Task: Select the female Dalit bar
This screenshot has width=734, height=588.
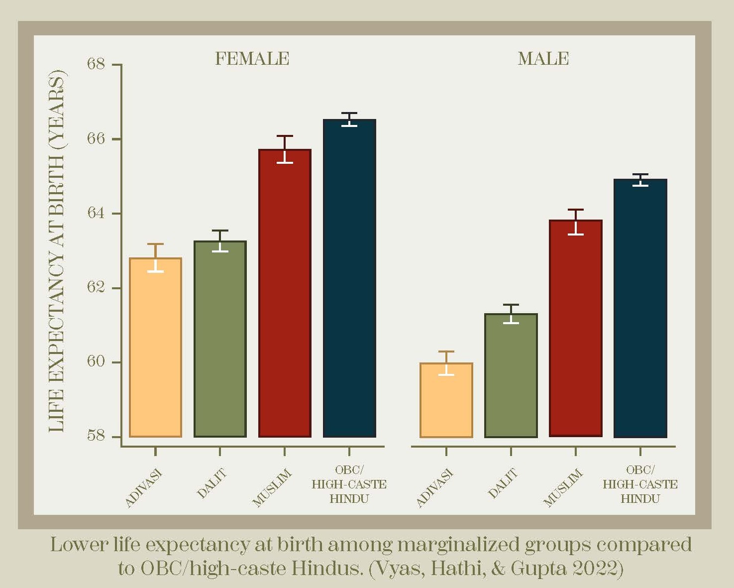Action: (x=220, y=339)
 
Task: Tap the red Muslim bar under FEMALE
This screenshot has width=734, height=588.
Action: (x=285, y=293)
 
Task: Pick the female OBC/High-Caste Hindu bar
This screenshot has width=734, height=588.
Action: (x=349, y=278)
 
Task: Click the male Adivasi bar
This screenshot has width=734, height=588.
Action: (x=446, y=400)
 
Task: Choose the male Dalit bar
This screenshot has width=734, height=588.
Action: (x=511, y=375)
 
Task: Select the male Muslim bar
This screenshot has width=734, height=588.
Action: (x=576, y=329)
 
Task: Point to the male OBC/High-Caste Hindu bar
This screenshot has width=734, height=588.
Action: (x=640, y=308)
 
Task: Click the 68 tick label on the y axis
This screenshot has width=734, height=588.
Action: (x=96, y=64)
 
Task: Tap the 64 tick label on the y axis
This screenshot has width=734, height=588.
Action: (x=96, y=213)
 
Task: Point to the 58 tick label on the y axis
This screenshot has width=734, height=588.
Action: (x=96, y=436)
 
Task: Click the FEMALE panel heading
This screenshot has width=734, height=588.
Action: (x=252, y=59)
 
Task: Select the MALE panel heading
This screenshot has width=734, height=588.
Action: (x=543, y=59)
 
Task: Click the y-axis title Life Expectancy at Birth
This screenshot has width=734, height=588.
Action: (x=57, y=251)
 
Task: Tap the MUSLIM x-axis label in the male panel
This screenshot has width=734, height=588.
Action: (x=563, y=487)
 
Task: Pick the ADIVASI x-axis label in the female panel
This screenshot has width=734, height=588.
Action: (x=144, y=488)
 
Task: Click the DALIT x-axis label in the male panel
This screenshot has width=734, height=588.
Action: (x=503, y=483)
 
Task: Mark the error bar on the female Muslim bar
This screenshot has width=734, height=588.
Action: (x=285, y=149)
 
